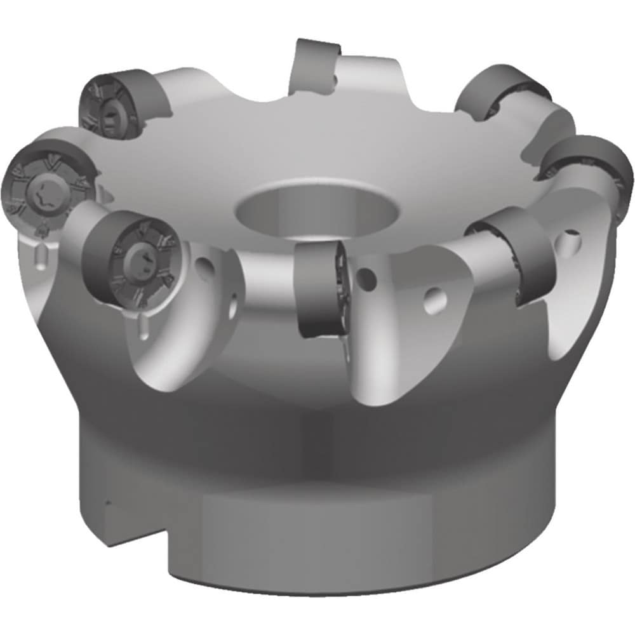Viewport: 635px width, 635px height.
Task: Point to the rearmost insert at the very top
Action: [314, 66]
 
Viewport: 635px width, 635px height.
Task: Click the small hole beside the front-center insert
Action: [366, 277]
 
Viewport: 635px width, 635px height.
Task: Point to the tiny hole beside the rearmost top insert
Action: [334, 79]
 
